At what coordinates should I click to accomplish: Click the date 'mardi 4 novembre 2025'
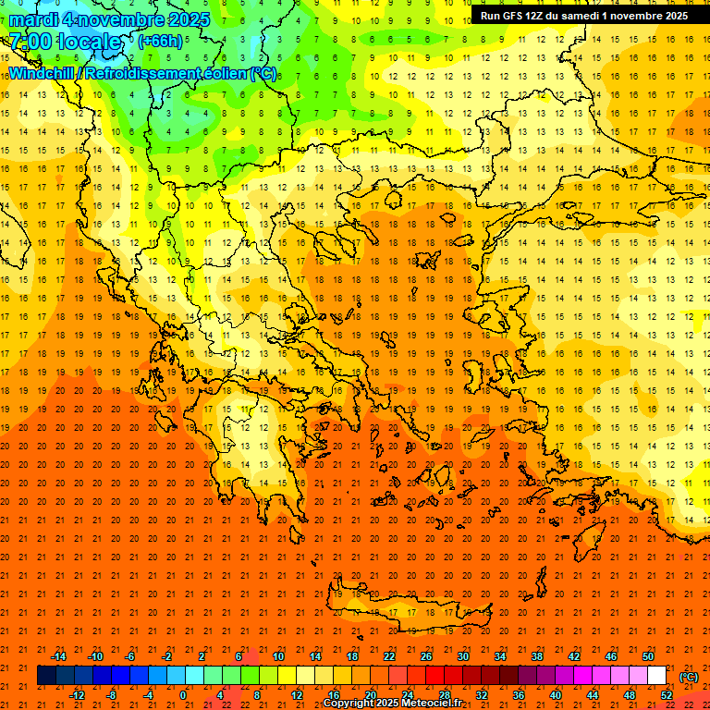[109, 18]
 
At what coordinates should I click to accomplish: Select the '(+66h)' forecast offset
[160, 41]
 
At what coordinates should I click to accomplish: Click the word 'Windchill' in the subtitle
[45, 74]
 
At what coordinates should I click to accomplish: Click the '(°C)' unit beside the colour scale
[689, 677]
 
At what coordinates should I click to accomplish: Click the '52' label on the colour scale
[667, 695]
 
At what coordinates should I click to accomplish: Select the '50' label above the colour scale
[648, 656]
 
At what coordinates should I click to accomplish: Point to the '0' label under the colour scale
[182, 695]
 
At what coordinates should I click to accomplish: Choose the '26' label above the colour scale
[425, 656]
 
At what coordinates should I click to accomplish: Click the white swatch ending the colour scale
[657, 676]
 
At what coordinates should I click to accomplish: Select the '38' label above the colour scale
[536, 656]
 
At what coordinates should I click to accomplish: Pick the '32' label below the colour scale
[481, 695]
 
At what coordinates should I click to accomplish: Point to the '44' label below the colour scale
[592, 695]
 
